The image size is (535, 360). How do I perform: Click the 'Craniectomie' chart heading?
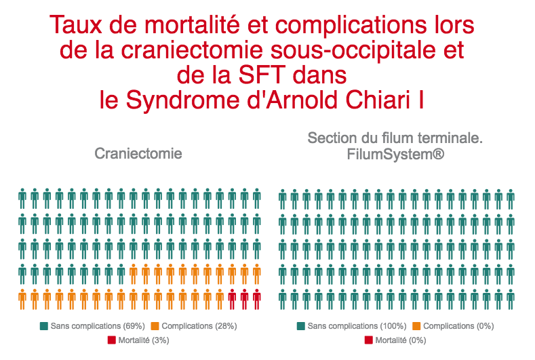tap(138, 153)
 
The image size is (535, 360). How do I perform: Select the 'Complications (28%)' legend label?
tap(199, 326)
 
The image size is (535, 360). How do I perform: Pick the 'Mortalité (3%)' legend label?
tap(144, 340)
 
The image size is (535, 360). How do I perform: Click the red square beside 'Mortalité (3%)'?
tap(113, 340)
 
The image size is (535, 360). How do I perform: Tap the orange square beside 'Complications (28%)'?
tap(155, 326)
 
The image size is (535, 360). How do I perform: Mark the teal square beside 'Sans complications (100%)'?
tap(301, 326)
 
